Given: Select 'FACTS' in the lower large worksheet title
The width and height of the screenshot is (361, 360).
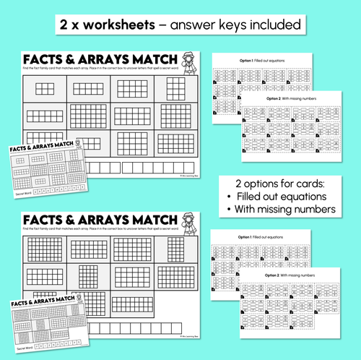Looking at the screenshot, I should (x=48, y=219).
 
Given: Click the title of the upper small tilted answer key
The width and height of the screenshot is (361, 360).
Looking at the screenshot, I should (x=43, y=147).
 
